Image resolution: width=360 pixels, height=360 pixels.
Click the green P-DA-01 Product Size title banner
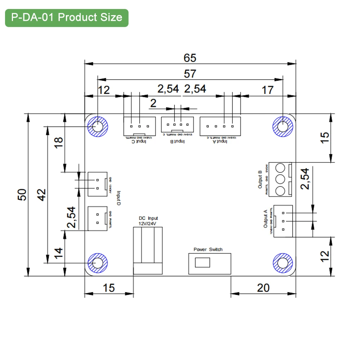pos(67,18)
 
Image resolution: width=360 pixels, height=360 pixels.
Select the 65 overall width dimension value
pos(190,58)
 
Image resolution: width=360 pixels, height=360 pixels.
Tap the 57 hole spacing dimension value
pos(190,74)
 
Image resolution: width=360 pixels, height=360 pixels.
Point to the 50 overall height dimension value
pos(22,195)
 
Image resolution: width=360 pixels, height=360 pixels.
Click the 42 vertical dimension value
pos(42,195)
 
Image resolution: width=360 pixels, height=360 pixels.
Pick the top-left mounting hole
pos(98,127)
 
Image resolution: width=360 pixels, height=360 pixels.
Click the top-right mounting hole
pos(283,127)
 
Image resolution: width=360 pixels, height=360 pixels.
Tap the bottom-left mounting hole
pos(98,263)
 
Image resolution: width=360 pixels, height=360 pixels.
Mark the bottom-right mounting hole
pos(283,263)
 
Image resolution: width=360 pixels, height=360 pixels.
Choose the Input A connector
pos(220,126)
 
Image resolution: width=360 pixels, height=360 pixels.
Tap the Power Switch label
pos(208,249)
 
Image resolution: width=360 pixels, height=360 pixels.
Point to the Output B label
pos(260,180)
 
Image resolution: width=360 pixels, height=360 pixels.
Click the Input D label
pos(118,198)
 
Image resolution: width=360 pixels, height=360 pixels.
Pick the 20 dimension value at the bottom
pos(263,288)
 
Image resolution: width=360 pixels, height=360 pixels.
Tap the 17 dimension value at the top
pos(267,90)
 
